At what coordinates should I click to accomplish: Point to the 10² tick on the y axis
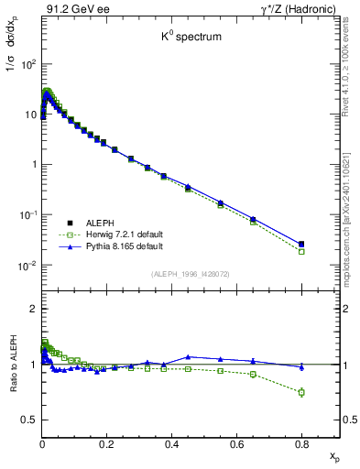tap(27, 64)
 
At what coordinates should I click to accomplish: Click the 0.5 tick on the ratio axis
tap(29, 420)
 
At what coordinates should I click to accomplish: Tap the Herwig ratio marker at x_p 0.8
tap(301, 392)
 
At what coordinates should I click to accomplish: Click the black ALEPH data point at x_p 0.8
tap(301, 244)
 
